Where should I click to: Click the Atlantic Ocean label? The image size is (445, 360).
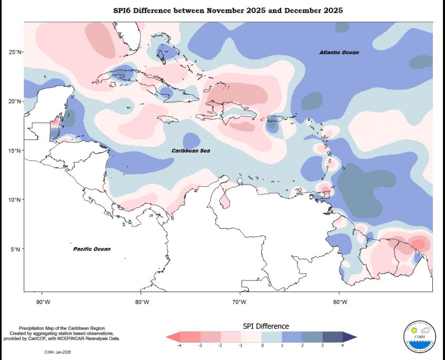click(x=339, y=53)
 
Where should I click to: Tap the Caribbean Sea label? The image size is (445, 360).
click(x=191, y=151)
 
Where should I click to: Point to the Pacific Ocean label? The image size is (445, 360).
click(x=92, y=249)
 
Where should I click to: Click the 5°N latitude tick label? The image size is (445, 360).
click(x=16, y=249)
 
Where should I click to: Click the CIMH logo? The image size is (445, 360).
click(x=419, y=336)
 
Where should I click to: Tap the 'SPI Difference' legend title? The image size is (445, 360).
click(x=265, y=326)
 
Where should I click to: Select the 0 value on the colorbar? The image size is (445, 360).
click(x=262, y=345)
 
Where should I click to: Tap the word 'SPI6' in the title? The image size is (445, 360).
click(x=124, y=11)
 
